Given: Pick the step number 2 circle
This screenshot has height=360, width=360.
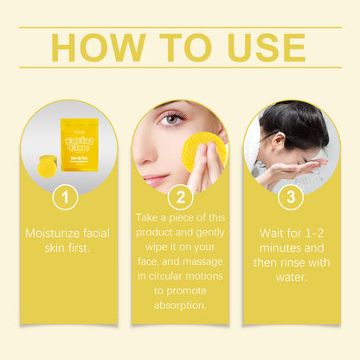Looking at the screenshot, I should pyautogui.click(x=180, y=198).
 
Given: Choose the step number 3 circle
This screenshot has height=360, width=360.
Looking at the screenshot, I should pyautogui.click(x=291, y=198).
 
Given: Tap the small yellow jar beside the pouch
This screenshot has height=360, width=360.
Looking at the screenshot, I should pyautogui.click(x=50, y=164).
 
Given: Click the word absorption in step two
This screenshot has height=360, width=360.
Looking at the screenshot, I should pyautogui.click(x=180, y=304).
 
